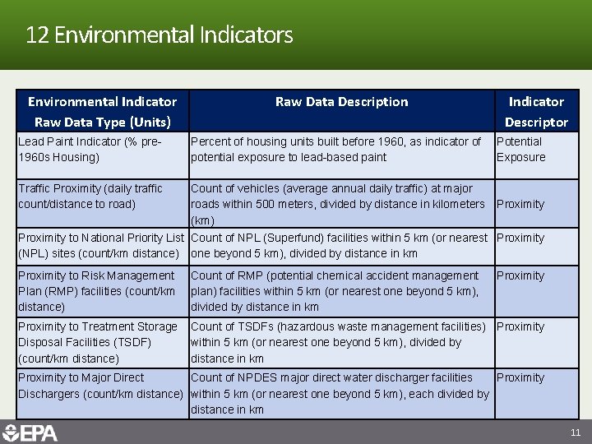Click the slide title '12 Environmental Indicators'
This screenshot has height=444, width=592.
pyautogui.click(x=159, y=35)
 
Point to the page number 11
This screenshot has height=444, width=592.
pyautogui.click(x=575, y=432)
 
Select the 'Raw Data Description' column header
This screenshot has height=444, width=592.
pyautogui.click(x=341, y=102)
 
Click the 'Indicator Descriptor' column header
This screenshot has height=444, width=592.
pyautogui.click(x=536, y=112)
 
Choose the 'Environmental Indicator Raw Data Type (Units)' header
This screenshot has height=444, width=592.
pyautogui.click(x=102, y=112)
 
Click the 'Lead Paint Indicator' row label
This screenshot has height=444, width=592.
pyautogui.click(x=90, y=149)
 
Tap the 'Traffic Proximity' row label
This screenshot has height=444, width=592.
pyautogui.click(x=90, y=196)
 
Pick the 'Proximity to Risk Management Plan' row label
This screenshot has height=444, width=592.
pyautogui.click(x=96, y=291)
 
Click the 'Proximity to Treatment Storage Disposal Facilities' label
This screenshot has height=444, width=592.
pyautogui.click(x=98, y=342)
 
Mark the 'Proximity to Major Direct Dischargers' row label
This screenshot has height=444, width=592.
pyautogui.click(x=99, y=386)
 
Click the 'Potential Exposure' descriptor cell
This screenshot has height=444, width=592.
pyautogui.click(x=520, y=149)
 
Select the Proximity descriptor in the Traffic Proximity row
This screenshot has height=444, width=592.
pyautogui.click(x=520, y=204)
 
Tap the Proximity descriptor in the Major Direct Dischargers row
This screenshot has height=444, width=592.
pyautogui.click(x=520, y=378)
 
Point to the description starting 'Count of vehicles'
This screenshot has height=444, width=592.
pyautogui.click(x=337, y=204)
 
